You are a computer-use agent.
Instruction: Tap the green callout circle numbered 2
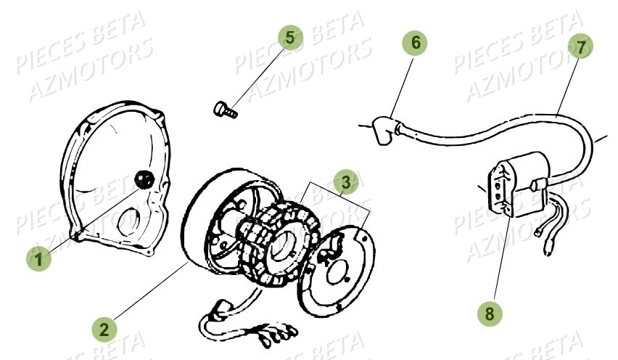click(105, 329)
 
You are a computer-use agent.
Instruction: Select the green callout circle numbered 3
click(347, 181)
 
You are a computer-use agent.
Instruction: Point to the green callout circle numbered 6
click(416, 44)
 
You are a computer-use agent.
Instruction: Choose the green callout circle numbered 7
click(580, 47)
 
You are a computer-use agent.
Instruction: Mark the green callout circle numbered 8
click(490, 314)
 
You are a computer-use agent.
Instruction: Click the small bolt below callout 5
click(225, 110)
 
